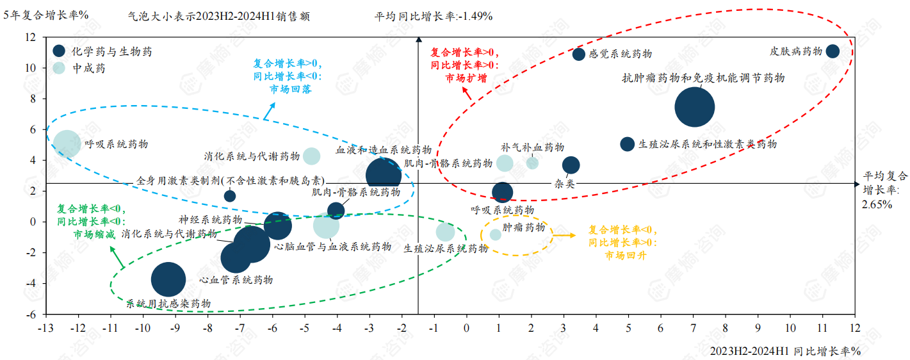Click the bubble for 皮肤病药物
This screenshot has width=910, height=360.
tap(833, 51)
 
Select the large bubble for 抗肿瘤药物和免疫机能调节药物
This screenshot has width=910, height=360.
tap(694, 108)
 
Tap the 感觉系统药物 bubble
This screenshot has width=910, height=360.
tap(578, 54)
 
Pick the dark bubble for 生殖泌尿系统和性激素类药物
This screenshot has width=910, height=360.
tap(628, 144)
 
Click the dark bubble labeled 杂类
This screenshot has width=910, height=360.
tap(571, 165)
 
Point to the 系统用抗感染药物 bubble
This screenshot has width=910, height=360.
tap(168, 279)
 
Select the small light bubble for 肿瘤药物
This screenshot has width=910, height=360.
tap(496, 234)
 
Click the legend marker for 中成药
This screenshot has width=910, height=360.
tap(59, 68)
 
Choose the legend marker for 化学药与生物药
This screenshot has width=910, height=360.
tap(59, 51)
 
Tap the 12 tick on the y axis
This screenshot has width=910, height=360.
tap(31, 37)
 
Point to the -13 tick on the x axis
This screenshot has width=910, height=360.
tap(45, 328)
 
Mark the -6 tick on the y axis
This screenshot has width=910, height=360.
tap(31, 315)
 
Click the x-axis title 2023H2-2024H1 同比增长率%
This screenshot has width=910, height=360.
tap(784, 351)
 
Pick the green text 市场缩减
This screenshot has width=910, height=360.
tap(94, 234)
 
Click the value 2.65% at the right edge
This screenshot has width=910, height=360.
tap(877, 204)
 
